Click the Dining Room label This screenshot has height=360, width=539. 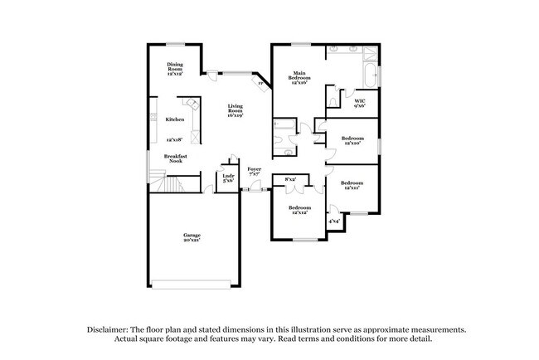tap(173, 65)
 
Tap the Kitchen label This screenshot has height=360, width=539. tap(174, 119)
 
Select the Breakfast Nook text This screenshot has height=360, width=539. tap(174, 158)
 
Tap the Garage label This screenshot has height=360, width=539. tap(192, 236)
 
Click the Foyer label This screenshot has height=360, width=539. tap(254, 171)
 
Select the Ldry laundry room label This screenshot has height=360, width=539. tap(226, 178)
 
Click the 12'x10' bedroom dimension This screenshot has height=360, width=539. tap(353, 143)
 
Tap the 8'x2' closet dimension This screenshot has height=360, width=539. tap(291, 180)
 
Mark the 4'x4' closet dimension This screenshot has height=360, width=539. tap(334, 221)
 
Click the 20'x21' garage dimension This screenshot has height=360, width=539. tap(192, 241)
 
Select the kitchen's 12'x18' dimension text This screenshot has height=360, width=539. tap(174, 140)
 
